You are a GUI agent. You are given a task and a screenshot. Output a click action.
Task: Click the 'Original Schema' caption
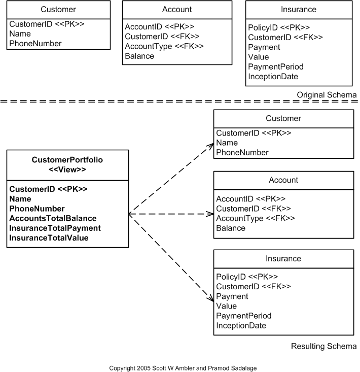click(327, 95)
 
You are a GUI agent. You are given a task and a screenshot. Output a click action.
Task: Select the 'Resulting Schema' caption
click(323, 347)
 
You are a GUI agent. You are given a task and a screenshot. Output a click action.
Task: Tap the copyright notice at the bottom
click(179, 368)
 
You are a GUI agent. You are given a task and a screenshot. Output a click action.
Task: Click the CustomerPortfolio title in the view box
click(67, 160)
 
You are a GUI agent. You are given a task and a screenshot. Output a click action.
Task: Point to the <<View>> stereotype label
click(67, 170)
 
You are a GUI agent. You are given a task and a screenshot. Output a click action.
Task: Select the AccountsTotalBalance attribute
click(53, 218)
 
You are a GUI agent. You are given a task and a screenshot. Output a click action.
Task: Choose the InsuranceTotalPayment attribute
click(55, 228)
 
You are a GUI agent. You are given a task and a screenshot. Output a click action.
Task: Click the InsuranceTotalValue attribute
click(49, 238)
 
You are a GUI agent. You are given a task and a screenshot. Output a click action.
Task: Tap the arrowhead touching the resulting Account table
click(210, 214)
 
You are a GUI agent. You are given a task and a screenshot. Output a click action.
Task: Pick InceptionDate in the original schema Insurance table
click(273, 77)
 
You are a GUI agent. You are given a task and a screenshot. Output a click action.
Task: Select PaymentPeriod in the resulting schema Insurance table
click(244, 316)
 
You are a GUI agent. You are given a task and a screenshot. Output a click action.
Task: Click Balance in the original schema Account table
click(139, 56)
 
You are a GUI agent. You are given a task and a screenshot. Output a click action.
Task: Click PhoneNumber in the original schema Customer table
click(35, 43)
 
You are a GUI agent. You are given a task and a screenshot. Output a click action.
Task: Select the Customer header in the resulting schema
click(283, 118)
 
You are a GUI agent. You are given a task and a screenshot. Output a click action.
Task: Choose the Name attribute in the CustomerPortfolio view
click(20, 199)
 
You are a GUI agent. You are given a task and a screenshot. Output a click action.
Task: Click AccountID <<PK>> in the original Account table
click(159, 26)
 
